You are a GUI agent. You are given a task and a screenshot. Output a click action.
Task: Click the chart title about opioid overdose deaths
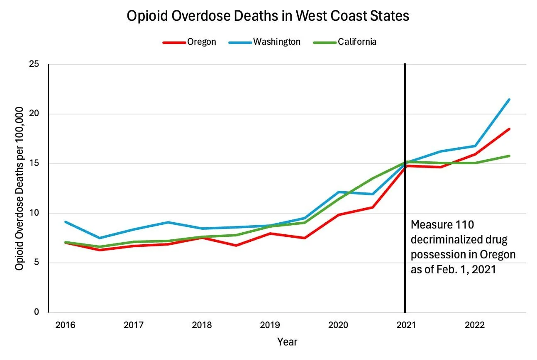pyautogui.click(x=268, y=16)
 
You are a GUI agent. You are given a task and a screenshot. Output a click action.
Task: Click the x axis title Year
pyautogui.click(x=287, y=342)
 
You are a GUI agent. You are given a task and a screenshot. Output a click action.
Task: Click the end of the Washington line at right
pyautogui.click(x=509, y=100)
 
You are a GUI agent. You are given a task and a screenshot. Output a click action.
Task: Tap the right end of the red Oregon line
pyautogui.click(x=509, y=129)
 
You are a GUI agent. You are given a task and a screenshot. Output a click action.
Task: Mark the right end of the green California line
pyautogui.click(x=509, y=156)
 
